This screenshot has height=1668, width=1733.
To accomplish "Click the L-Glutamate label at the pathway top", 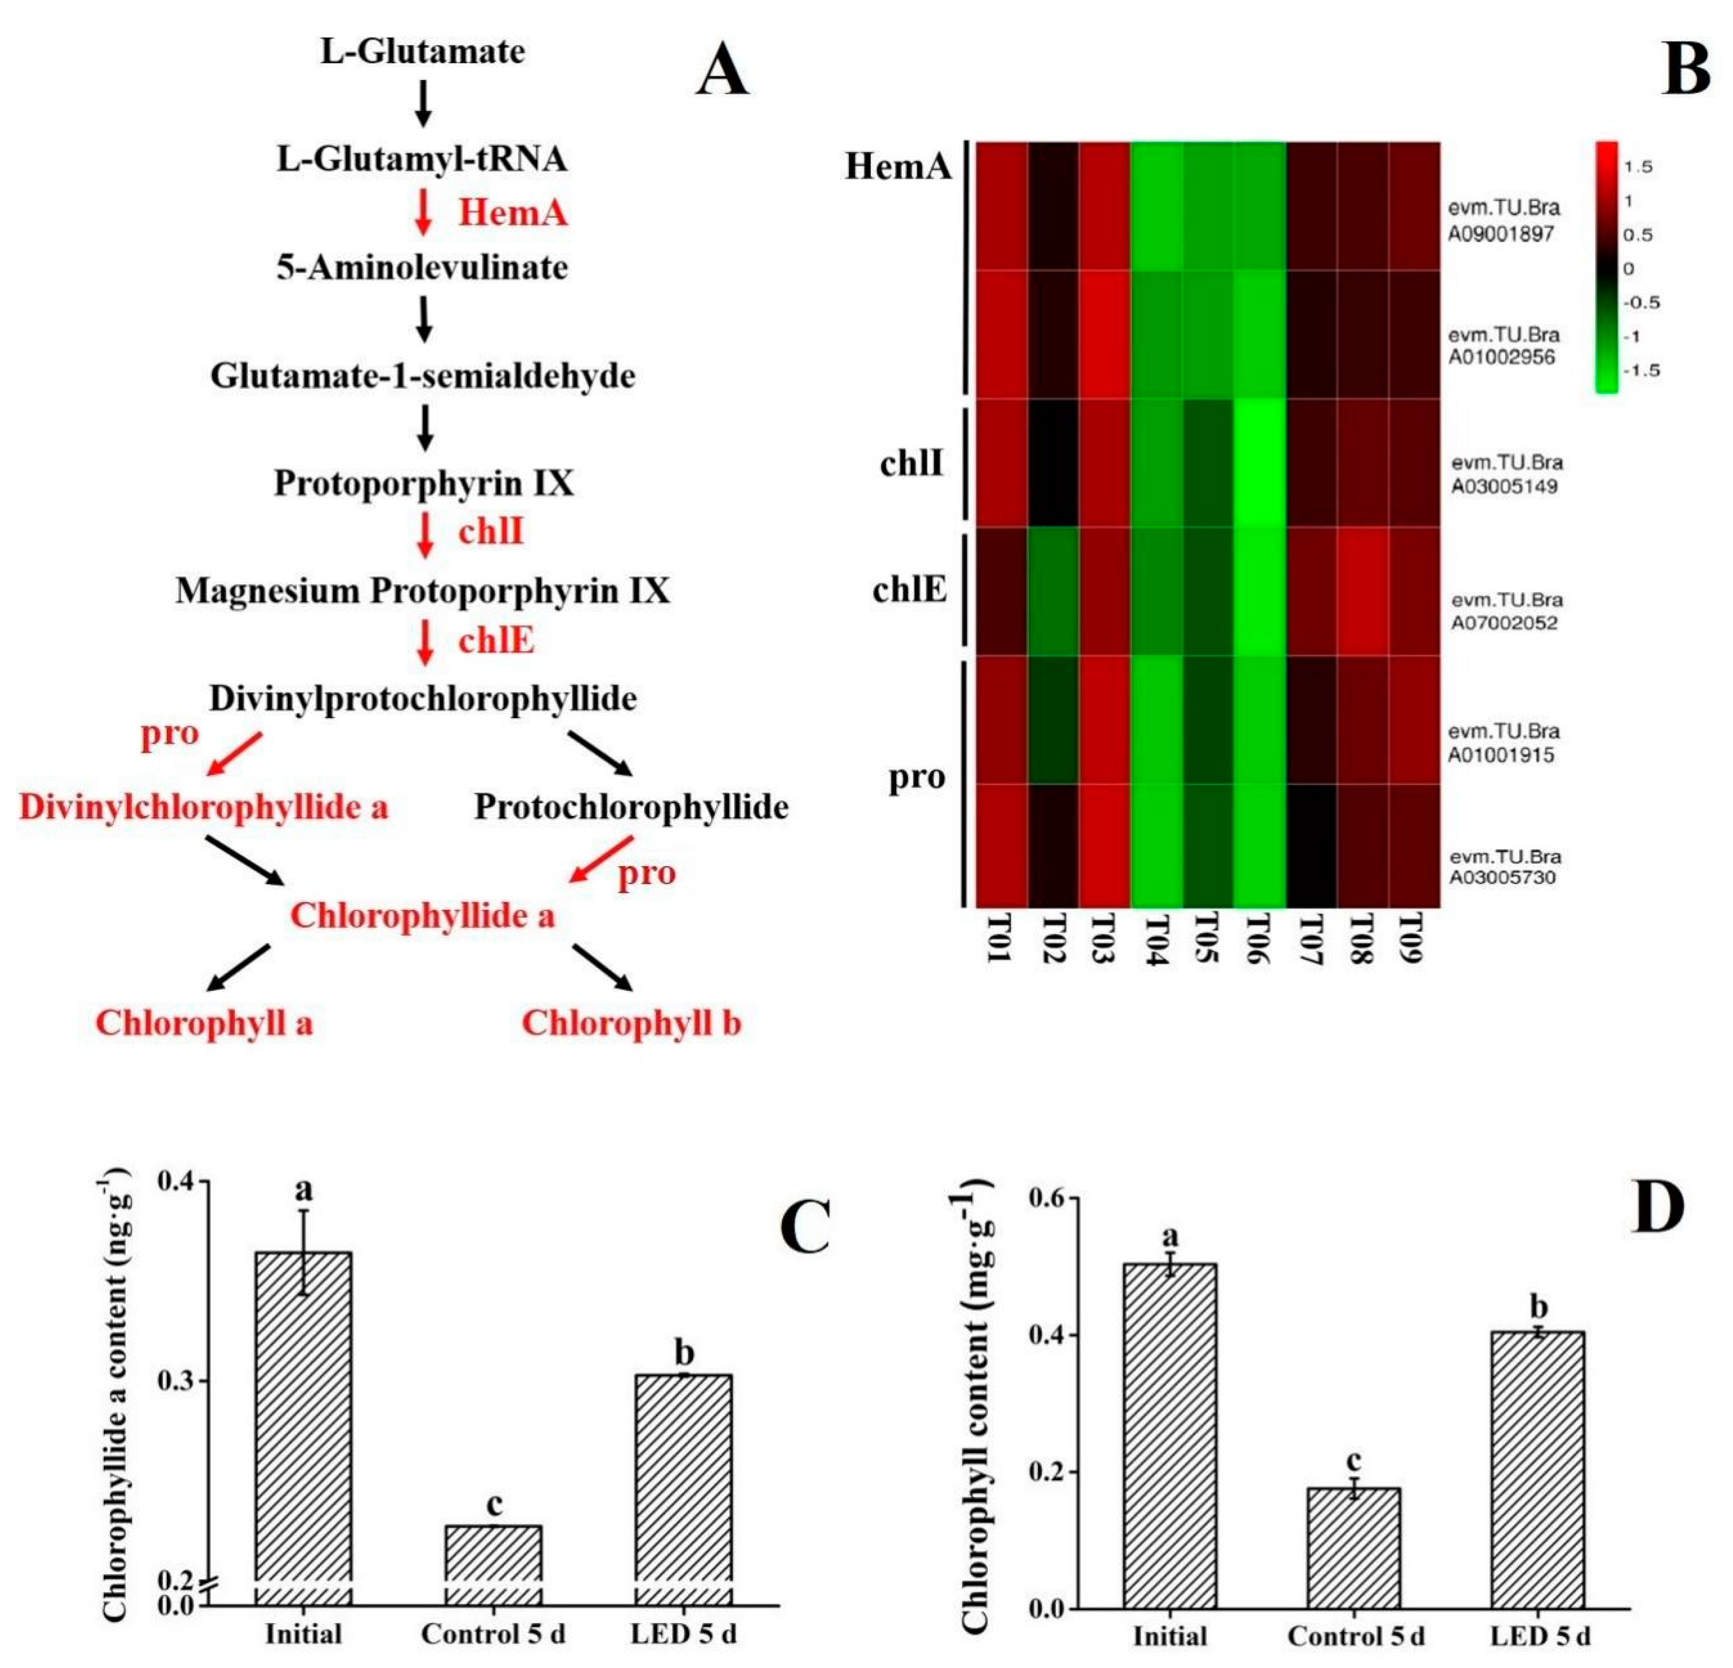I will pos(423,51).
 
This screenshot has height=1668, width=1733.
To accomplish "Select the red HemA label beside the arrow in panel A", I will pos(512,213).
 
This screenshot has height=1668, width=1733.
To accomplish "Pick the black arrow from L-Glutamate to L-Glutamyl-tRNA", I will pos(424,103).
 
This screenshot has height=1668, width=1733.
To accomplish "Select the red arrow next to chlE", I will pos(425,641).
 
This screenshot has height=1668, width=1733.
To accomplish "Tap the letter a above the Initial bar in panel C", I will pos(303,1190).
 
